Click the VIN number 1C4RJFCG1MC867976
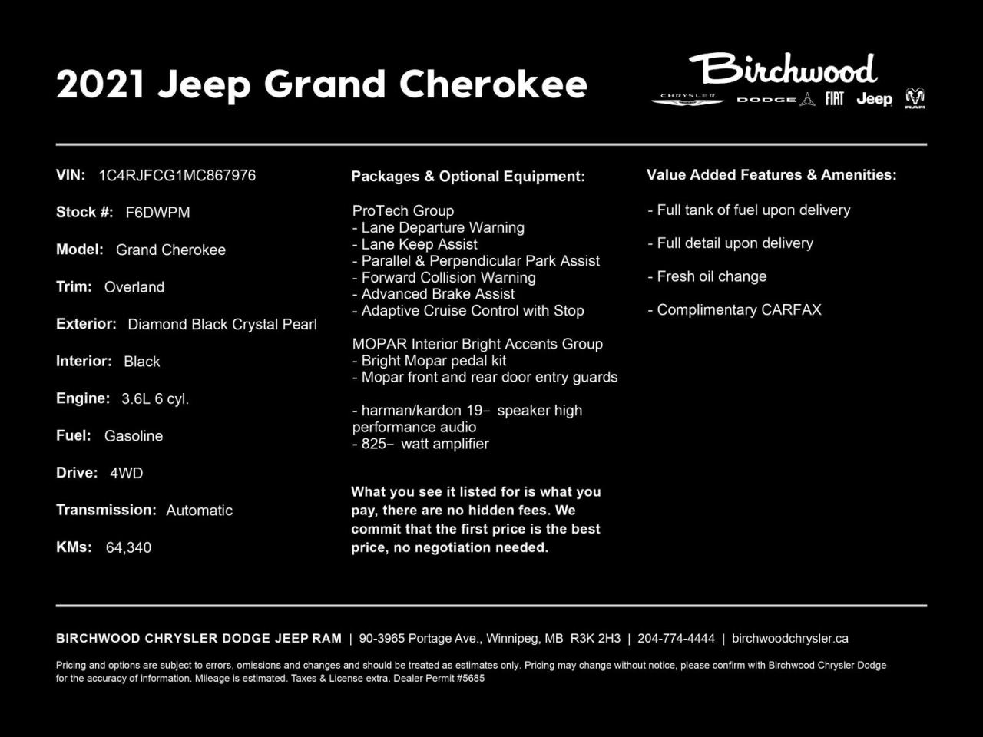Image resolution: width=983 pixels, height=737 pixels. point(177,175)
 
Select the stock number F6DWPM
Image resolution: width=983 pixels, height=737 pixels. point(157,213)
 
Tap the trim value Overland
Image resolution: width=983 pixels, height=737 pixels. point(134,287)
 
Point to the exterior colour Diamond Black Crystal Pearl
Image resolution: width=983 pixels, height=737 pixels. point(222,324)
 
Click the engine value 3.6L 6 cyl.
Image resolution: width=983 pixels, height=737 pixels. point(155,398)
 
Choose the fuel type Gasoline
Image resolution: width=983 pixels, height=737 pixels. point(134,436)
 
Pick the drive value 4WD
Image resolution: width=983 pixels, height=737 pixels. point(126,473)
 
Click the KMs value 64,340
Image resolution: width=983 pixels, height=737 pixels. point(128,547)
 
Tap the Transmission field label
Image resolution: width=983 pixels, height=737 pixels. point(106,510)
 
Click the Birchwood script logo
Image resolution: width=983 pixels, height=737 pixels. point(783,70)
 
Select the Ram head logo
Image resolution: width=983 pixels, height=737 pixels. point(915,98)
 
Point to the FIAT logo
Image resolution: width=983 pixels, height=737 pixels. point(835,98)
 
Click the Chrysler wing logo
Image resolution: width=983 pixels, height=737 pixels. point(687,99)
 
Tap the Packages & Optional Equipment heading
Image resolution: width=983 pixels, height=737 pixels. point(468,177)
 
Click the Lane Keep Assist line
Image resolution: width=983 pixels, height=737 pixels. point(415,244)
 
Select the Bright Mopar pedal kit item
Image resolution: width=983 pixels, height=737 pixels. point(429,361)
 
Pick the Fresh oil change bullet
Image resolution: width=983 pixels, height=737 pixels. point(707,276)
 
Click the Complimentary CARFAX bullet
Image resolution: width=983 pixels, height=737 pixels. point(735,310)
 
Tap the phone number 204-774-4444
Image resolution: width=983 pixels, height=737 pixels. point(676,639)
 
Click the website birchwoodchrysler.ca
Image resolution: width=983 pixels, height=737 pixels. point(789,639)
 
